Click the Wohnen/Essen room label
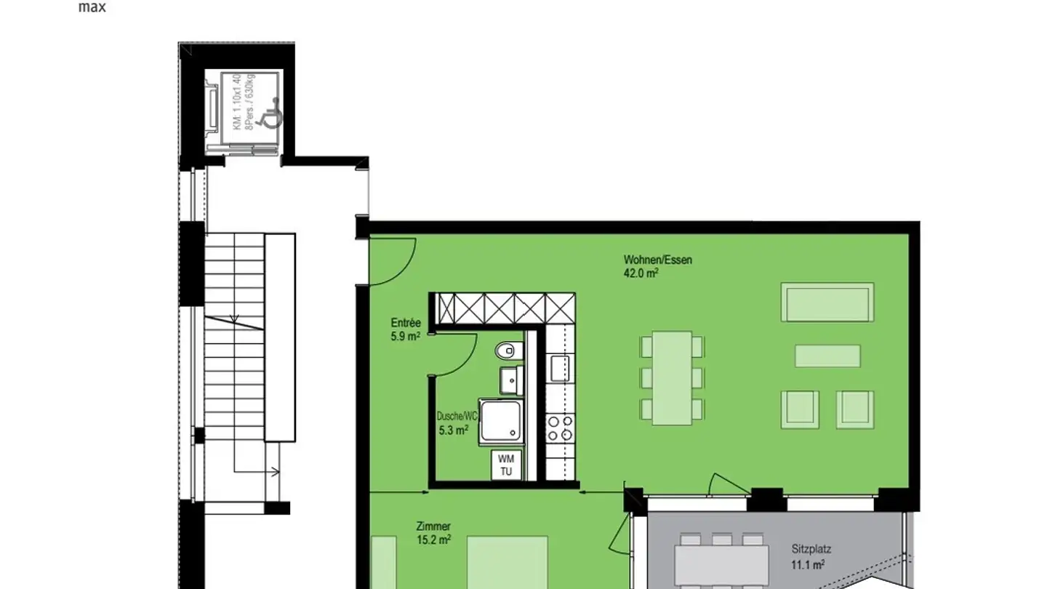pyautogui.click(x=657, y=260)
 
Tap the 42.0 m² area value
pyautogui.click(x=641, y=273)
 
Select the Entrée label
pyautogui.click(x=406, y=323)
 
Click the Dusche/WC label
pyautogui.click(x=457, y=417)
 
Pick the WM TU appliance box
pyautogui.click(x=506, y=465)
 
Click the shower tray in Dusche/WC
pyautogui.click(x=500, y=422)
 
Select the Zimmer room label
pyautogui.click(x=433, y=526)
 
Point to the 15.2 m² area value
pyautogui.click(x=433, y=540)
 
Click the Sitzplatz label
pyautogui.click(x=811, y=550)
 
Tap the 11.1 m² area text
pyautogui.click(x=807, y=564)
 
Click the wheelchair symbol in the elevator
pyautogui.click(x=271, y=114)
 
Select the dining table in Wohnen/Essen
pyautogui.click(x=672, y=378)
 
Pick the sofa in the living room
pyautogui.click(x=827, y=302)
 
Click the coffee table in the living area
pyautogui.click(x=827, y=356)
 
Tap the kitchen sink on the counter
pyautogui.click(x=559, y=369)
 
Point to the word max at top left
pyautogui.click(x=92, y=8)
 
